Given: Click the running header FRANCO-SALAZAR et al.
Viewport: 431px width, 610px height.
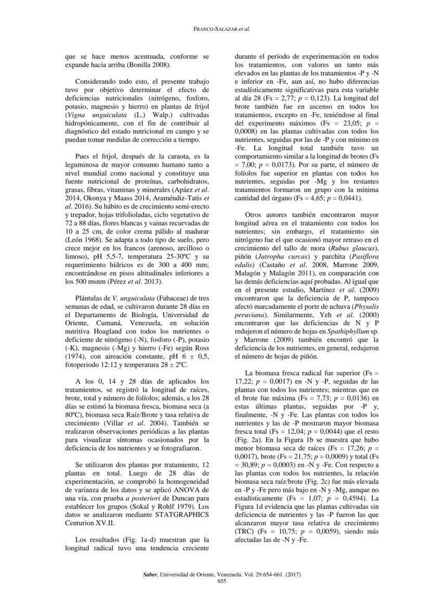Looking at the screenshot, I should [215, 29].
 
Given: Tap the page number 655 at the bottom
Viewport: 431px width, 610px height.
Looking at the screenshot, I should [215, 581].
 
